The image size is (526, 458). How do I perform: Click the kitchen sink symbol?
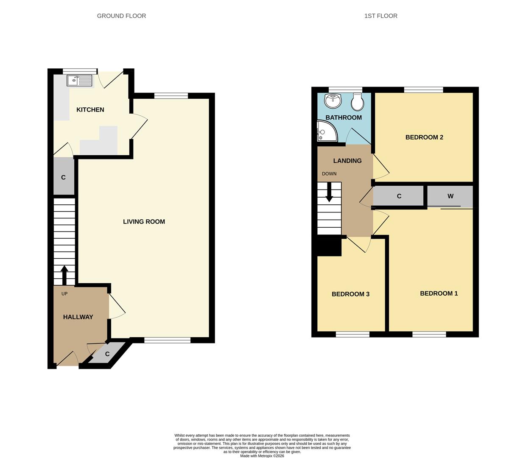[x=79, y=80]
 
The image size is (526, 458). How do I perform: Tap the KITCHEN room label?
[x=90, y=110]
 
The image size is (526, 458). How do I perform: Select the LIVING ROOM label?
[x=144, y=221]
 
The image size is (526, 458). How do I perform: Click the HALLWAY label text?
[x=78, y=317]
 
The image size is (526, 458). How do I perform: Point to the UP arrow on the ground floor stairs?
[x=64, y=275]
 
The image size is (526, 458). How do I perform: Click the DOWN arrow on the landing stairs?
[x=329, y=193]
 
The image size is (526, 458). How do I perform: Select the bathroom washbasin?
[x=333, y=101]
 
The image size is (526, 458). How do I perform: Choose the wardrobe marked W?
[x=450, y=196]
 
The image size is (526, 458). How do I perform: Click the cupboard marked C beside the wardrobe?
[x=399, y=196]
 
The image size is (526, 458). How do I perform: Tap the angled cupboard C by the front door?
[x=106, y=354]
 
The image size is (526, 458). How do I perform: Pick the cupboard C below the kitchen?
[x=64, y=177]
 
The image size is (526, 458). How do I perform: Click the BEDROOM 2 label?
[x=424, y=137]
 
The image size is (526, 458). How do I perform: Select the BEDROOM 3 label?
[x=350, y=294]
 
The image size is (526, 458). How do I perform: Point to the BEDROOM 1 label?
[x=439, y=293]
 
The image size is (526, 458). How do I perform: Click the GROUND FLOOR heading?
[x=121, y=16]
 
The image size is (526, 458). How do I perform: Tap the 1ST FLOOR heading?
[x=381, y=16]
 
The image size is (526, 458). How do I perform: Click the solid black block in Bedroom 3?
[x=329, y=247]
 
